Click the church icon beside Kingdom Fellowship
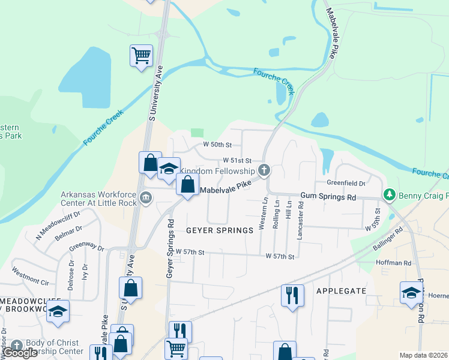click(x=264, y=170)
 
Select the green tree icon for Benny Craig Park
click(x=390, y=195)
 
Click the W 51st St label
click(x=237, y=161)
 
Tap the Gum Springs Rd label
click(x=328, y=197)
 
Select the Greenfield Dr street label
click(x=346, y=183)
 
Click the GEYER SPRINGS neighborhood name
click(x=219, y=230)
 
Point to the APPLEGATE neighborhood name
click(x=342, y=290)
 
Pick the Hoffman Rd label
click(x=393, y=263)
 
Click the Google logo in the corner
click(x=20, y=353)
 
